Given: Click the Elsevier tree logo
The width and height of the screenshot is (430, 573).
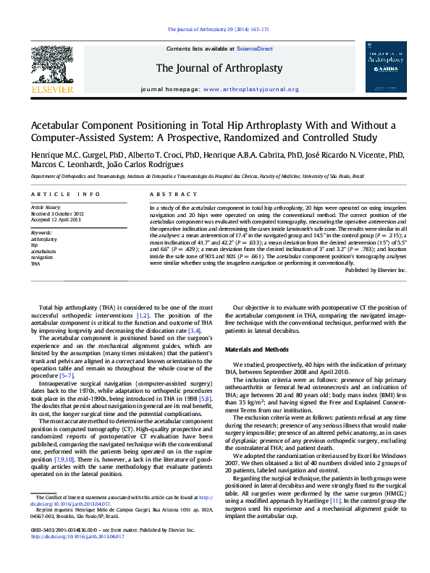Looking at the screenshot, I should [51, 67].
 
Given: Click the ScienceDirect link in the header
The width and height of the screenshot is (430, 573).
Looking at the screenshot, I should [256, 48].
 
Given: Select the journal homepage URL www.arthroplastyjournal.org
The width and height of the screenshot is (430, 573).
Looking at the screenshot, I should [251, 90].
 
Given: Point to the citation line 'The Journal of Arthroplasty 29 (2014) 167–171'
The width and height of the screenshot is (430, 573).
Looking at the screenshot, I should [218, 29].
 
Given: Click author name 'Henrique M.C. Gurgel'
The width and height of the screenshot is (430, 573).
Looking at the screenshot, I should [64, 155].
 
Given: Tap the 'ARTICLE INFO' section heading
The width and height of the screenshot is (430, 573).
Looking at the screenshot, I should [67, 195].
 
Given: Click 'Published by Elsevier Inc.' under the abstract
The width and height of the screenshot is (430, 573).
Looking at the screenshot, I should [376, 270].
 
